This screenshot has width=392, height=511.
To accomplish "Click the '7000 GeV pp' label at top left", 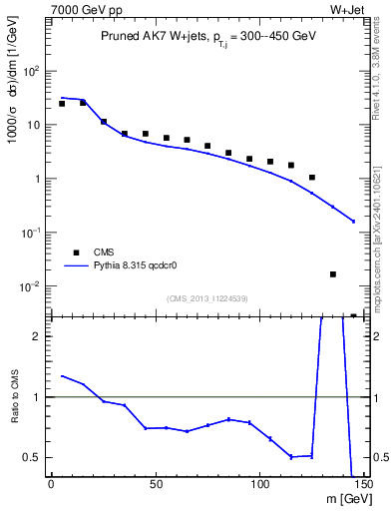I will pos(84,8).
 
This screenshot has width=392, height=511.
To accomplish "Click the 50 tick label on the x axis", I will pos(156,484).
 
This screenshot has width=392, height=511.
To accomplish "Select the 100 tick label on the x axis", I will pos(260,484).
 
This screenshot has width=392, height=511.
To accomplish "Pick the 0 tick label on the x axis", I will pos(51,484).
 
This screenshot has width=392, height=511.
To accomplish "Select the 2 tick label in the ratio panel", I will pos(38,336).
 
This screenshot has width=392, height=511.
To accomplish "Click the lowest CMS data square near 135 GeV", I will pos(333,273).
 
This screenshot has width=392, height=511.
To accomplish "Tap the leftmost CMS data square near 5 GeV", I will pos(62,104).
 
